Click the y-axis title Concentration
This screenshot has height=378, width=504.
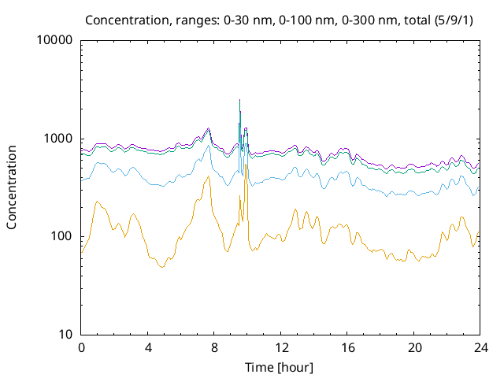[x=12, y=187]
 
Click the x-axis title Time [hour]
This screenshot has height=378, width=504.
[x=280, y=367]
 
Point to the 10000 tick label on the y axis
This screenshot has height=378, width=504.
[x=55, y=41]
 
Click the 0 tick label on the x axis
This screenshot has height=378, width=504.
[x=81, y=347]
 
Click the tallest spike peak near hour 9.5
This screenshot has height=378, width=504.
[x=239, y=100]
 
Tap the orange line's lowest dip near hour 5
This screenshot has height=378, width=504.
[x=162, y=268]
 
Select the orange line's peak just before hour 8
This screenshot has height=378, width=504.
[x=208, y=176]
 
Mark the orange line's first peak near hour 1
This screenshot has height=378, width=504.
[x=97, y=202]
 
